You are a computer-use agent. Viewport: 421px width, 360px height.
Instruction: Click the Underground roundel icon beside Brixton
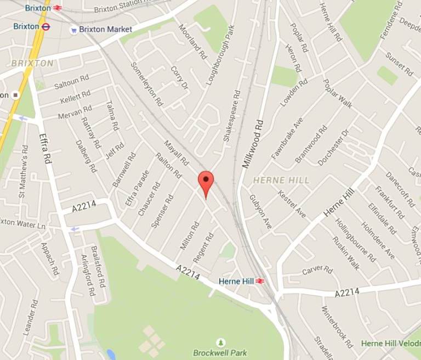46,26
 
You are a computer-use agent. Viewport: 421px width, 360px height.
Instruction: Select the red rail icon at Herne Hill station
259,281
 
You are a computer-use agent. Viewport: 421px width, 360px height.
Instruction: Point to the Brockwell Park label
220,352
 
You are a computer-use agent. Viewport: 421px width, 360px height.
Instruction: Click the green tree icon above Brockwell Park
220,342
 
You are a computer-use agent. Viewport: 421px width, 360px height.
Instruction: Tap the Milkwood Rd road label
252,144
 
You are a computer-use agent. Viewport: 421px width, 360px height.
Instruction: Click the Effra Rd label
44,149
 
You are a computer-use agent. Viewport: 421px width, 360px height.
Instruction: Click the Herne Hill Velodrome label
390,343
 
